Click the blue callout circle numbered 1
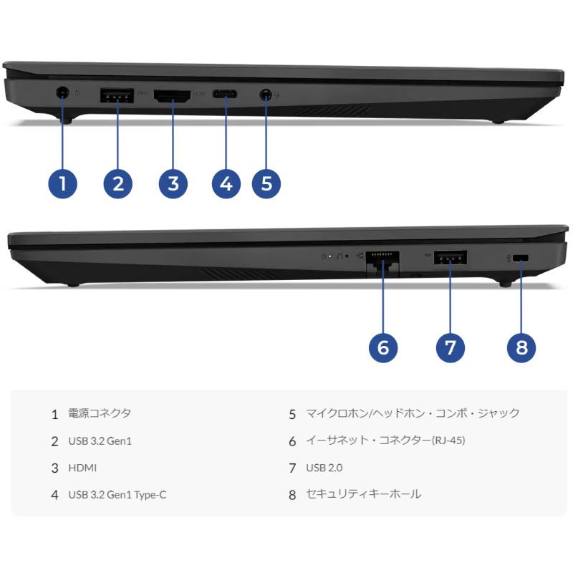(63, 183)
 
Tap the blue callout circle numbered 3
(173, 183)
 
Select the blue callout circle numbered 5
(266, 183)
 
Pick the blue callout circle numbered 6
(383, 347)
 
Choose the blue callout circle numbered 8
(521, 347)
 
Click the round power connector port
(62, 92)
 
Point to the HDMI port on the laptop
(173, 95)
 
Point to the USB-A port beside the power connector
(117, 95)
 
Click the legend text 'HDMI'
(82, 468)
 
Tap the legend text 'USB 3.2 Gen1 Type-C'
(117, 494)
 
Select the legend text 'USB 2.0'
(324, 468)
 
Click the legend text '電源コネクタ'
(100, 413)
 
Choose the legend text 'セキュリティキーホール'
(363, 494)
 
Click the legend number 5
(292, 414)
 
